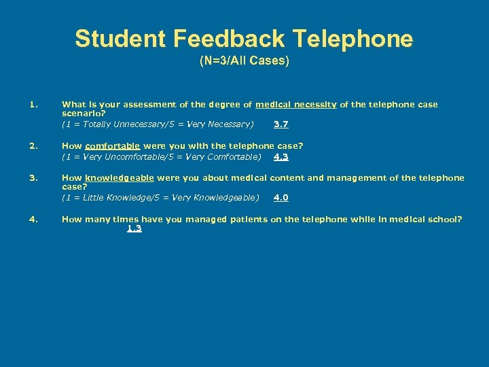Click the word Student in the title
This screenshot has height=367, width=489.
pyautogui.click(x=120, y=39)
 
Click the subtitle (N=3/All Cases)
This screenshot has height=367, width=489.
pyautogui.click(x=244, y=60)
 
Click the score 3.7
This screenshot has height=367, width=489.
pyautogui.click(x=280, y=124)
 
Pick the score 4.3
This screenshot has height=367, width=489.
pyautogui.click(x=280, y=157)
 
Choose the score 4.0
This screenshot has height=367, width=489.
pyautogui.click(x=280, y=198)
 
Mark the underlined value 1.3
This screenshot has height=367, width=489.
pyautogui.click(x=134, y=228)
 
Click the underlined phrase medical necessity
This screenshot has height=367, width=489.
pyautogui.click(x=295, y=105)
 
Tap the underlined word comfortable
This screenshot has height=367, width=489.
pyautogui.click(x=113, y=145)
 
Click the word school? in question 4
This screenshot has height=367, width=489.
pyautogui.click(x=443, y=219)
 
